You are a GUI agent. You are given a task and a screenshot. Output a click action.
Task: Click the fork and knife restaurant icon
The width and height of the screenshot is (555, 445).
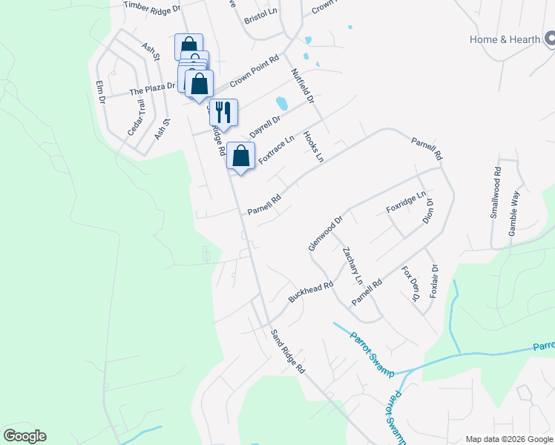point(223,112)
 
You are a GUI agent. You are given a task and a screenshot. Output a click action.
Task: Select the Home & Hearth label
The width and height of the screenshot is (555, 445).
point(505,39)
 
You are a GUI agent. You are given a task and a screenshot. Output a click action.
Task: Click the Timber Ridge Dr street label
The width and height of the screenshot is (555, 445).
point(152,7)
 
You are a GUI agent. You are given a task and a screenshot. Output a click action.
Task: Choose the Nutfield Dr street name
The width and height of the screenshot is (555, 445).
point(303,86)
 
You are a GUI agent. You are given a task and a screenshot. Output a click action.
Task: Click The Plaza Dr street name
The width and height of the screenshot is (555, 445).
point(152,88)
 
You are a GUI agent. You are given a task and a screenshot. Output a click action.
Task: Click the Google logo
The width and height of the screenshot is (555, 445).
point(24,436)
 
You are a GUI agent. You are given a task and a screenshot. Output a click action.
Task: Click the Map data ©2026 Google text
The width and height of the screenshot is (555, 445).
point(508,438)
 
